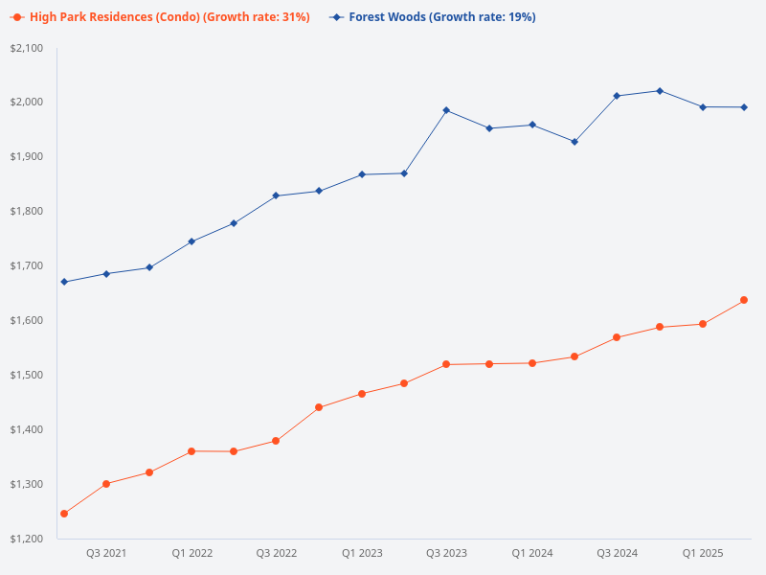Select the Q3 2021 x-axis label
(x=106, y=554)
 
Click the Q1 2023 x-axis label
(x=362, y=554)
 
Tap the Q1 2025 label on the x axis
(x=703, y=554)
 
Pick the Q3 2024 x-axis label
(x=617, y=554)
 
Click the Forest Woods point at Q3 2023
(x=446, y=110)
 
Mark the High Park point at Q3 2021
(x=106, y=484)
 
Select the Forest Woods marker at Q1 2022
(x=191, y=241)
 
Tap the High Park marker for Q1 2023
(x=362, y=394)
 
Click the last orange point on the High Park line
(x=744, y=300)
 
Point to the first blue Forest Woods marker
(x=64, y=282)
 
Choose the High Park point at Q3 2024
(x=617, y=337)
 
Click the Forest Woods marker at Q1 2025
(x=703, y=107)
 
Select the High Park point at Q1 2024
(x=532, y=363)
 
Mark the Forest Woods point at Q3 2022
(x=276, y=195)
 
